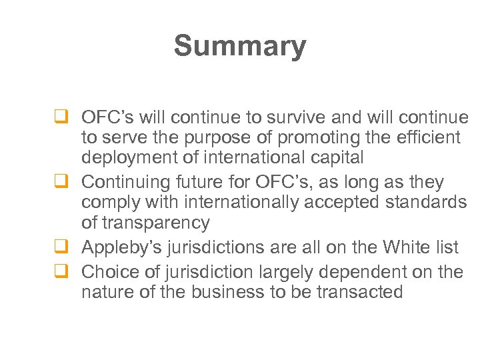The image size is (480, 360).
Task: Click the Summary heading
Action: coord(240,47)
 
